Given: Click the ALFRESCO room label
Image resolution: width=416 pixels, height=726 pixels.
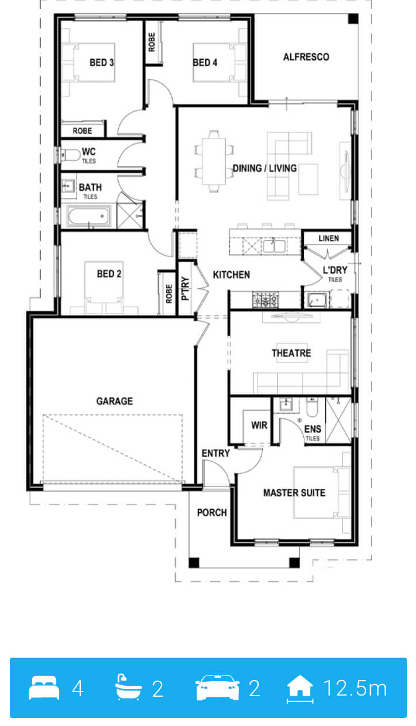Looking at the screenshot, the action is [x=306, y=57].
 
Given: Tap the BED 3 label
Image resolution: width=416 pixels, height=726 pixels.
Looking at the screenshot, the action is [x=102, y=62].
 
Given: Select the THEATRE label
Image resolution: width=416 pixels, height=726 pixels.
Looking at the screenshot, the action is [x=291, y=353].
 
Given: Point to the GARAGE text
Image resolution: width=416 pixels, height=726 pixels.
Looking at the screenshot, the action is [x=114, y=401].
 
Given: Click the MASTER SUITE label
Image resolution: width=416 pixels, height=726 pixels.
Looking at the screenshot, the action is [x=294, y=493].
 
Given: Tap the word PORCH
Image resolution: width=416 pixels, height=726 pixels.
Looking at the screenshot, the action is [x=211, y=513].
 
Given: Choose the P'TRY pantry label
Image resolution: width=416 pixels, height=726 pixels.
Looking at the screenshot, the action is [x=185, y=288].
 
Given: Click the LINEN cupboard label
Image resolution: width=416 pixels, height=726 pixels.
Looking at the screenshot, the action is [x=329, y=238].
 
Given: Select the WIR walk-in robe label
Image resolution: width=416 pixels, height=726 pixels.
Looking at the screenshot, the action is [x=259, y=425].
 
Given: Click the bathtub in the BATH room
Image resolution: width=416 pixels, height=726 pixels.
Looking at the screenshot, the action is [x=88, y=216].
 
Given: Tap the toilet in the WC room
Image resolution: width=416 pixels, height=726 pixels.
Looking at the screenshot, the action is [x=70, y=155].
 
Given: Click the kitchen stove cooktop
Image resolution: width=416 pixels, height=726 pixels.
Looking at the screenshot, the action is [x=265, y=300].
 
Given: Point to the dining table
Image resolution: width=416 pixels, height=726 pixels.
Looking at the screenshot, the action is [x=214, y=161].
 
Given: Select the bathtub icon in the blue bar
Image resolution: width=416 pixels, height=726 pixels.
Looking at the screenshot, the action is [x=128, y=687].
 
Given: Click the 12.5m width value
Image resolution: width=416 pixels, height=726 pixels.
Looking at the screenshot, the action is [x=355, y=689].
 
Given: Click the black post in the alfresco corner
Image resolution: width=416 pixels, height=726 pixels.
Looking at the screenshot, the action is [x=353, y=18].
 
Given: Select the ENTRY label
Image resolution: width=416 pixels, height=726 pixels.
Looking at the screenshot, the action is [x=215, y=453].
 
